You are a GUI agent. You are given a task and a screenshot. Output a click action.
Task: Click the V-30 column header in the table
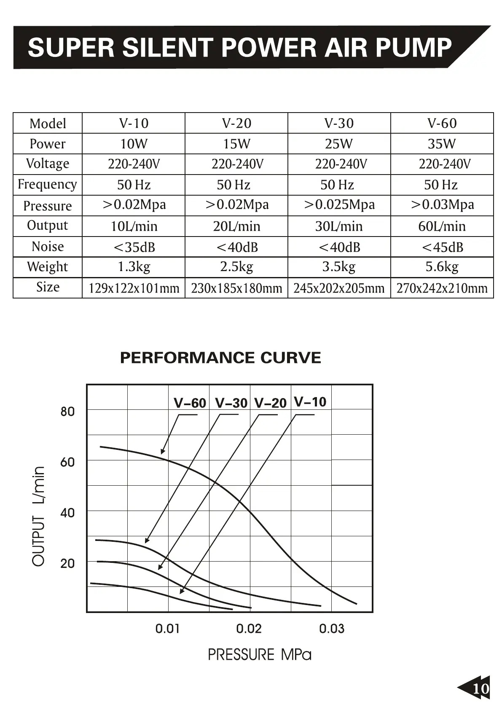(339, 123)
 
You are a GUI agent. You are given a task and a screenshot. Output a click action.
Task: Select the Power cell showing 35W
(442, 144)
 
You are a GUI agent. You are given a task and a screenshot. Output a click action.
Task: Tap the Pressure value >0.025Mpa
(339, 205)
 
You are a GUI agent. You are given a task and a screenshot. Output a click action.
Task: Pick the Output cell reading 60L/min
(442, 226)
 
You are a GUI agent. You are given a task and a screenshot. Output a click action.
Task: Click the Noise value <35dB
(134, 247)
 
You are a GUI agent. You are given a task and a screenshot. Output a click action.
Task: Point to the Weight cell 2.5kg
(236, 267)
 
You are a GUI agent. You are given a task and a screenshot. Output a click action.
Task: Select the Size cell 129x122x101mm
(134, 288)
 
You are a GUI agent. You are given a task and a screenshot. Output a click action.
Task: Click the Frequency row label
(47, 185)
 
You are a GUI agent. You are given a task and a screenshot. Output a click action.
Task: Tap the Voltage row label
(48, 164)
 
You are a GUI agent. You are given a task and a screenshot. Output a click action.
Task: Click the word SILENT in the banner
(167, 47)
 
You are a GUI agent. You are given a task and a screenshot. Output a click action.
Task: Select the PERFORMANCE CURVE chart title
(220, 358)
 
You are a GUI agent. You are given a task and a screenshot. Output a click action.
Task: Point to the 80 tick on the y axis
(67, 411)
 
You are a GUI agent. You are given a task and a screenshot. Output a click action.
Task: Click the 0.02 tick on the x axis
(249, 629)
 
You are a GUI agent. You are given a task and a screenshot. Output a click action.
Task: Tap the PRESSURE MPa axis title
(260, 654)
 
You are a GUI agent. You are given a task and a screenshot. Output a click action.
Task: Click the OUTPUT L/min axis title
(38, 516)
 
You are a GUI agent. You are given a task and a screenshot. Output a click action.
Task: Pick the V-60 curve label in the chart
(190, 403)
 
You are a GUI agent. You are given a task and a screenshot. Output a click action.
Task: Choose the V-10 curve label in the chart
(310, 402)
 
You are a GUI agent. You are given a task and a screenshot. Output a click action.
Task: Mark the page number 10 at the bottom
(481, 688)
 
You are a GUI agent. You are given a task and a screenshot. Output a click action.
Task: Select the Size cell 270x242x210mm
(442, 288)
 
